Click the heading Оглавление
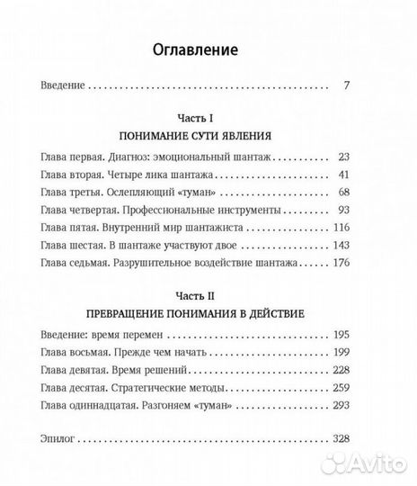click(208, 51)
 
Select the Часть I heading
click(208, 119)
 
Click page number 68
click(342, 193)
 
